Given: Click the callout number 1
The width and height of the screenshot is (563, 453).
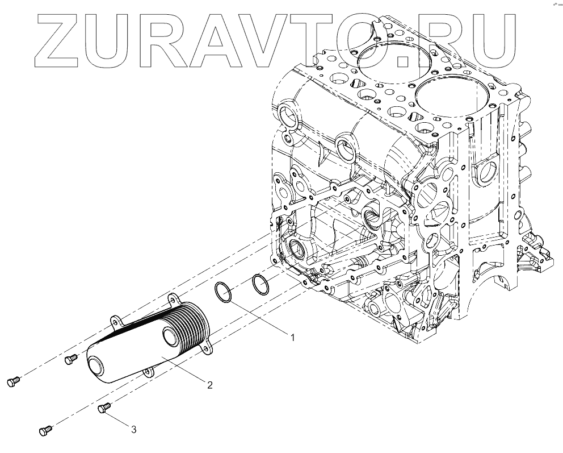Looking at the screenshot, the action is coord(292,338).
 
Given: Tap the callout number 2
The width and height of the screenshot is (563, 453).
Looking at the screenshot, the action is coord(209,385).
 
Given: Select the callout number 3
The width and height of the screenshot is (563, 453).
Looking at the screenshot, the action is coord(133,430).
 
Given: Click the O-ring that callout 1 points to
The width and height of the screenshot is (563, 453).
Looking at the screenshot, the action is coord(224,292).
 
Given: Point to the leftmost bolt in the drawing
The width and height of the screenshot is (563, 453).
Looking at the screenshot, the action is coord(14,382).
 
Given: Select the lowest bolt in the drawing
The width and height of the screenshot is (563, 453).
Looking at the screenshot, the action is coord(46,431).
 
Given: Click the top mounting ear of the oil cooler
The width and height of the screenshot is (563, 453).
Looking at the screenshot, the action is coord(171,298).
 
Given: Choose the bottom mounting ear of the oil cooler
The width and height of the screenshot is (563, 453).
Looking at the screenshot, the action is coord(148,372).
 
